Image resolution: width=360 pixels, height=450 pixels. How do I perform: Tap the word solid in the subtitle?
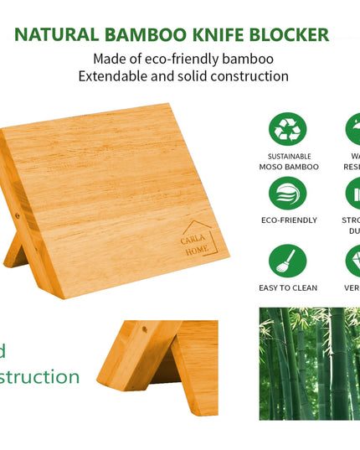click(x=208, y=76)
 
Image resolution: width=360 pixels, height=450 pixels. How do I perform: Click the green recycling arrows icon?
click(x=287, y=130)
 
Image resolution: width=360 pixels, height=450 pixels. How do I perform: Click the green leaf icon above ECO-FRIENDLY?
click(x=287, y=194)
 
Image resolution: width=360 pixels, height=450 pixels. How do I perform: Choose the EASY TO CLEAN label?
click(x=287, y=288)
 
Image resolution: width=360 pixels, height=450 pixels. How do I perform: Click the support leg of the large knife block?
click(x=18, y=251)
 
